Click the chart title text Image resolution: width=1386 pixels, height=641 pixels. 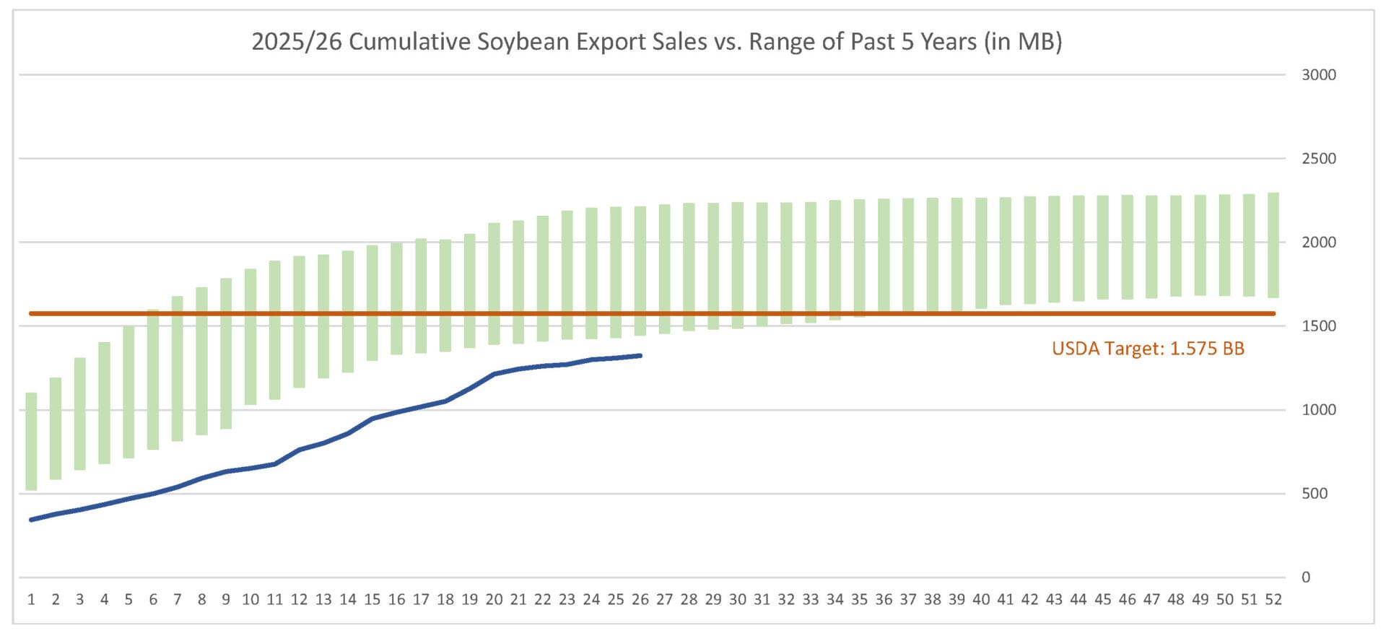[656, 42]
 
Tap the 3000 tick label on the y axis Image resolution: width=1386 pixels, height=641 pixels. [1318, 75]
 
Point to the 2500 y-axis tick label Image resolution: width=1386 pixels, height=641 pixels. [1318, 159]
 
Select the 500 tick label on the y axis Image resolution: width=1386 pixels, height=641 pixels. [1314, 494]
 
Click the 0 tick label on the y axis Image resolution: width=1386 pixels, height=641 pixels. [1305, 577]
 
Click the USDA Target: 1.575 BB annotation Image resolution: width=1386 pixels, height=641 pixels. [1148, 349]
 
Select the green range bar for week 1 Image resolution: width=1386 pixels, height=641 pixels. [31, 441]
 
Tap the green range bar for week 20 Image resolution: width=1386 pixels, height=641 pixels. [494, 284]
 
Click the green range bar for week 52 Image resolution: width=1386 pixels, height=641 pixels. [1273, 245]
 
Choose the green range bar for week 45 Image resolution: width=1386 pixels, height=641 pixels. [1102, 248]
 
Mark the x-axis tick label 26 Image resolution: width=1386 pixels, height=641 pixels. [640, 600]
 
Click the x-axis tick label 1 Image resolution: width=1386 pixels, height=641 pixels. [31, 600]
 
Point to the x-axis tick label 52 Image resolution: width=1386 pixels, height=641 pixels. [1273, 600]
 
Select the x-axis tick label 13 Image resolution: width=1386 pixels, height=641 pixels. [323, 600]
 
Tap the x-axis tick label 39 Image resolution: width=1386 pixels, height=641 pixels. [956, 600]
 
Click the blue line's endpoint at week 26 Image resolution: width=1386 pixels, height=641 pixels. [640, 355]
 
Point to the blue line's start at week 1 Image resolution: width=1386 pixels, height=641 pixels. [31, 520]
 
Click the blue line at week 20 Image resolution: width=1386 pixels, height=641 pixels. [494, 374]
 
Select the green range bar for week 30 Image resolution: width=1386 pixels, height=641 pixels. [737, 266]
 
